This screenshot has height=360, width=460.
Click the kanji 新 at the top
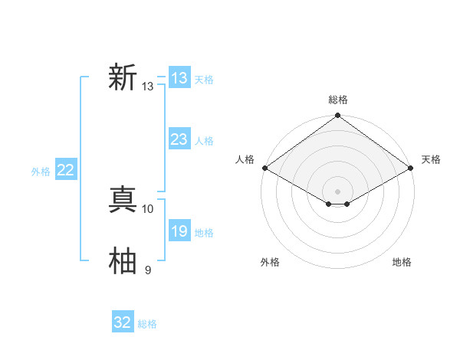pos(123,78)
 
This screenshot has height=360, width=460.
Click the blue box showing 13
pos(179,78)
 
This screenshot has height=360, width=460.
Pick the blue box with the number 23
pos(179,139)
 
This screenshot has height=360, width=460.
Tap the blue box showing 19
pos(179,231)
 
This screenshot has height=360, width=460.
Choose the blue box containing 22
pos(66,170)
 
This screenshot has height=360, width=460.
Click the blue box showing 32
pos(123,322)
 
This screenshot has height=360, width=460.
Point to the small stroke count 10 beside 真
pos(148,208)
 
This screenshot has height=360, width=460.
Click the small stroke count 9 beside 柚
pos(148,270)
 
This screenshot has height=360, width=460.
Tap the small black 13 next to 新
pos(148,87)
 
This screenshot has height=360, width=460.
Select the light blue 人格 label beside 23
pos(204,141)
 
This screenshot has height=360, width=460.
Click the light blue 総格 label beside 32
pos(147,324)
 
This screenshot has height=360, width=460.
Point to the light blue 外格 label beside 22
pos(41,172)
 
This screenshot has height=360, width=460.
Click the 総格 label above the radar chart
pos(338,100)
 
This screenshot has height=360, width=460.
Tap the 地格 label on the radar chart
pos(402,262)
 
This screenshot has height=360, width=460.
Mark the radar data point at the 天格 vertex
pos(412,168)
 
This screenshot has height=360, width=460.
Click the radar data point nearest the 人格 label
pos(264,168)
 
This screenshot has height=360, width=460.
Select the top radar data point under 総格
pos(338,116)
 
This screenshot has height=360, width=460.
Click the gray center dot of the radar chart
pos(338,191)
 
